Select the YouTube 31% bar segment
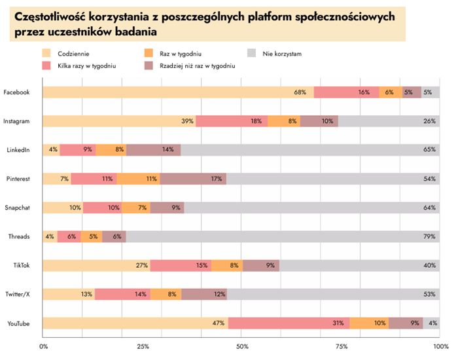pyautogui.click(x=289, y=323)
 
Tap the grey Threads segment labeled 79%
pyautogui.click(x=283, y=236)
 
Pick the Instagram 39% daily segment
pyautogui.click(x=119, y=121)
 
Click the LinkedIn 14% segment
pyautogui.click(x=153, y=150)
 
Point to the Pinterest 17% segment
pyautogui.click(x=193, y=179)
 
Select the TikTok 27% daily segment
pyautogui.click(x=97, y=265)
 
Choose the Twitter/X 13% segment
pyautogui.click(x=69, y=294)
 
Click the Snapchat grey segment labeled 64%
pyautogui.click(x=311, y=207)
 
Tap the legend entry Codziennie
pyautogui.click(x=72, y=53)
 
